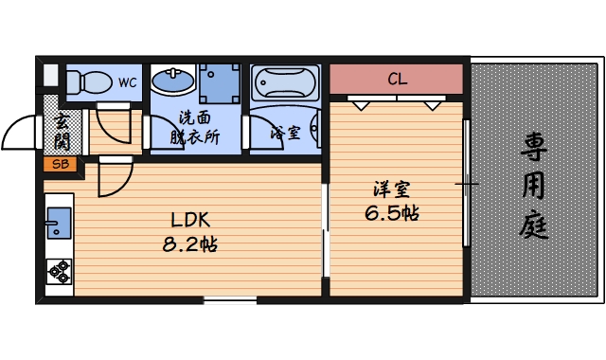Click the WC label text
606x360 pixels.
[128, 82]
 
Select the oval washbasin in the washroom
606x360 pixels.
[173, 83]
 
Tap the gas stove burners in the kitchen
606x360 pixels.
[60, 271]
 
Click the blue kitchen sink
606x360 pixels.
[58, 224]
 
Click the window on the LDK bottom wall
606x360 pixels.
[229, 300]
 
